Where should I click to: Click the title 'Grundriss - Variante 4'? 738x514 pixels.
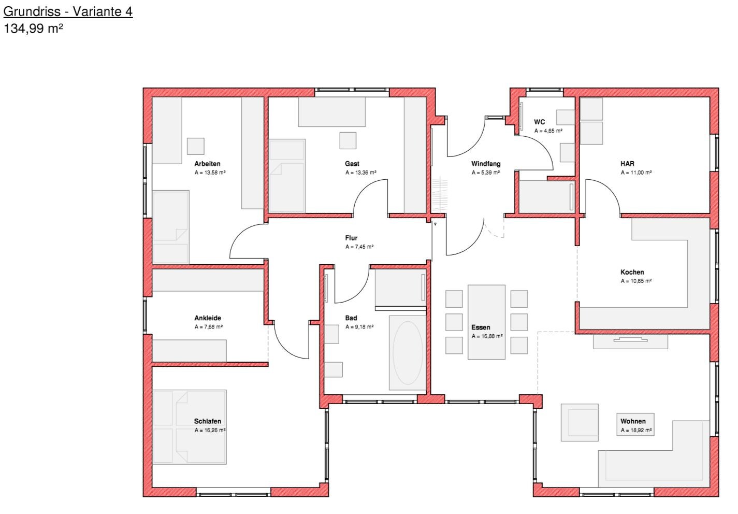[68, 12]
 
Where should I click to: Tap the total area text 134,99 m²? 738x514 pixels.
[33, 28]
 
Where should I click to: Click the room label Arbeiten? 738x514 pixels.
[207, 164]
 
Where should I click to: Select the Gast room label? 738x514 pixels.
[352, 164]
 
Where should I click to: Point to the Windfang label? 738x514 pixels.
[486, 164]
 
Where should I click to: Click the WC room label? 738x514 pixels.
[539, 122]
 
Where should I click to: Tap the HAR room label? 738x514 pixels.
[627, 164]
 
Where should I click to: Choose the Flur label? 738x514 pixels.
[351, 238]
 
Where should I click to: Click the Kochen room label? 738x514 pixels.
[632, 273]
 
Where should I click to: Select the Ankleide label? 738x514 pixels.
[208, 318]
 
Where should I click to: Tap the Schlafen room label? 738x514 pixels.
[208, 421]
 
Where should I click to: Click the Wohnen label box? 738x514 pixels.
[635, 425]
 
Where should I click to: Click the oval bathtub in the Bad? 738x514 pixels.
[408, 353]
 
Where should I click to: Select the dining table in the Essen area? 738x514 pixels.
[487, 322]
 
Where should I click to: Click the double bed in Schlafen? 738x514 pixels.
[190, 427]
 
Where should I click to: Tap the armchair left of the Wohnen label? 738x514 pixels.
[580, 423]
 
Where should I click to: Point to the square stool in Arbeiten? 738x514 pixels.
[196, 147]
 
